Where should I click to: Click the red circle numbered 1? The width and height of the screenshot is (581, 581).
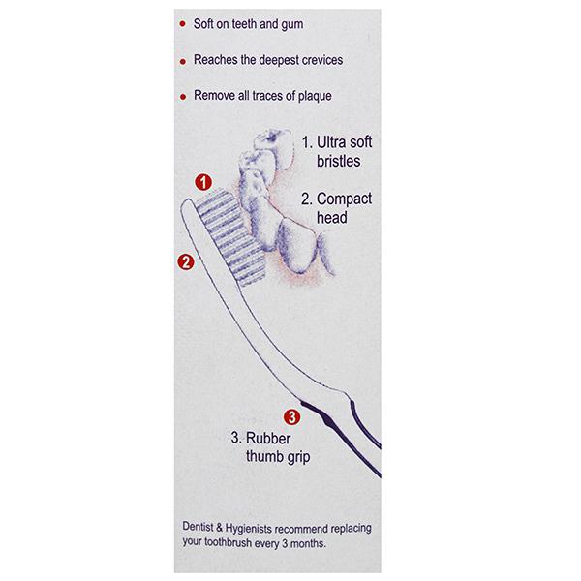[x=203, y=182]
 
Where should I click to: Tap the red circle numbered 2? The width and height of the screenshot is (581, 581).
[x=186, y=262]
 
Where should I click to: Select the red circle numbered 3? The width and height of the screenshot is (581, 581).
[x=292, y=416]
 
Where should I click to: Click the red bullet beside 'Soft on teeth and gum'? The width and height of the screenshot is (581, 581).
[x=182, y=24]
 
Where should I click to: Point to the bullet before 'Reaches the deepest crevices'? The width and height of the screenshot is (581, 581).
[x=183, y=62]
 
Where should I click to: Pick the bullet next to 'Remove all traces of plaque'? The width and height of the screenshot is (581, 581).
[x=183, y=97]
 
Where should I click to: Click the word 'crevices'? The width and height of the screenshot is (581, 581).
[x=322, y=60]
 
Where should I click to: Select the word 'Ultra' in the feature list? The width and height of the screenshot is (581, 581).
[x=331, y=142]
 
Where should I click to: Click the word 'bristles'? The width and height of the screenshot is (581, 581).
[x=338, y=161]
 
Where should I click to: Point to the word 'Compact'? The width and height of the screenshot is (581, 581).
[x=344, y=199]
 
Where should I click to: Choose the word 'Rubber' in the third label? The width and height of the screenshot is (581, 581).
[x=268, y=438]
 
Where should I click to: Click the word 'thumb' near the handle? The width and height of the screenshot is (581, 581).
[x=262, y=456]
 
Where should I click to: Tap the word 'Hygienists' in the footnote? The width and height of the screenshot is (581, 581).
[x=249, y=528]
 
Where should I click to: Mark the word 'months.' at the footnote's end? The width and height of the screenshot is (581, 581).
[x=308, y=544]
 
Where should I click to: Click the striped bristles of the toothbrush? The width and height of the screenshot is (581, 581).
[x=231, y=237]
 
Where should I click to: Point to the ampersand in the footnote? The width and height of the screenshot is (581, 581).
[x=219, y=528]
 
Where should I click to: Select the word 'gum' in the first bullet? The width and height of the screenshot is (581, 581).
[x=292, y=25]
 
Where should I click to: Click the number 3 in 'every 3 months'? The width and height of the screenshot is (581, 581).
[x=285, y=544]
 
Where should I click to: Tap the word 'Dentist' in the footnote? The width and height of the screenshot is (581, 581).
[x=198, y=527]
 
